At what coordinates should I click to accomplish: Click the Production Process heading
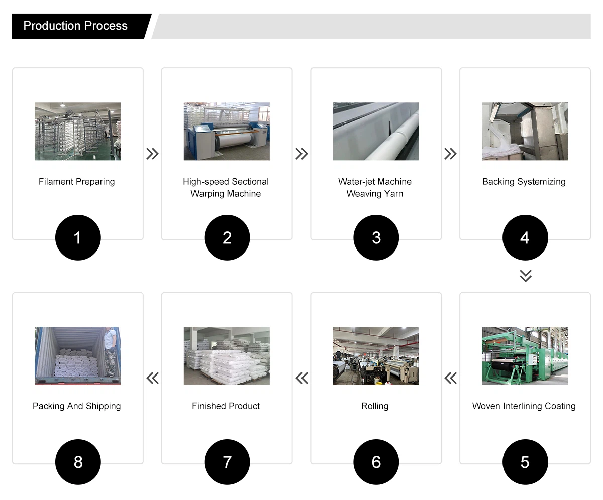[75, 26]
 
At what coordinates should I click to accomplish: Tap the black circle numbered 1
[78, 237]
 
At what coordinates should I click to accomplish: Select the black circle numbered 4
[525, 237]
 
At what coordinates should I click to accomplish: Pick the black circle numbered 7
[227, 462]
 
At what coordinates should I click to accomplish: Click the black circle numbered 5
[525, 462]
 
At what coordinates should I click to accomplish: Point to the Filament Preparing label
[77, 182]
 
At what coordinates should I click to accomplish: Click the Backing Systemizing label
[524, 182]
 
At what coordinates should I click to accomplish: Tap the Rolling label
[375, 406]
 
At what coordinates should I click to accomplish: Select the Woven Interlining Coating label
[524, 406]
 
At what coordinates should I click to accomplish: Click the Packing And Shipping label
[77, 406]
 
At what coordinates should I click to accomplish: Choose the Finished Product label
[226, 406]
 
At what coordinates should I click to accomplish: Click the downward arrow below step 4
[525, 276]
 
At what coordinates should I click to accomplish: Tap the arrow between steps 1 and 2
[152, 154]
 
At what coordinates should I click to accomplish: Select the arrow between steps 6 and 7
[302, 378]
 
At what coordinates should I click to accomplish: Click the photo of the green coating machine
[525, 355]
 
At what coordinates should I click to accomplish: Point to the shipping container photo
[78, 355]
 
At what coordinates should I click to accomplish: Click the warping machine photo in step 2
[227, 132]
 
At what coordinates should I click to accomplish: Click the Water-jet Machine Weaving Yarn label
[375, 188]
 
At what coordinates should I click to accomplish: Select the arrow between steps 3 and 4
[451, 154]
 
